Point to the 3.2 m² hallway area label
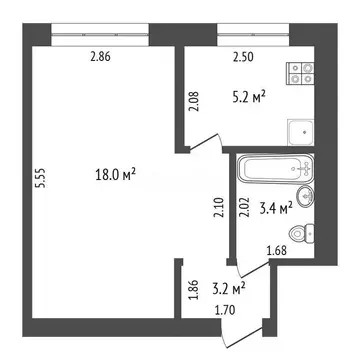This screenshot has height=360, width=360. (x=229, y=292)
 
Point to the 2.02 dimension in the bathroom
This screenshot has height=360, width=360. (x=246, y=208)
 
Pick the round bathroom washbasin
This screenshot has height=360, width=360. (x=305, y=195)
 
